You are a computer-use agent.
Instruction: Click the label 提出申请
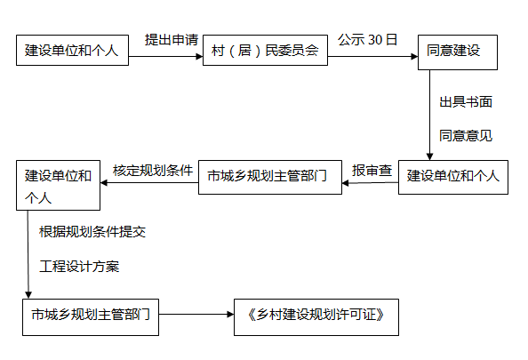[x=172, y=40]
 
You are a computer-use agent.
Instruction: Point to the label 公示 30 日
[x=367, y=40]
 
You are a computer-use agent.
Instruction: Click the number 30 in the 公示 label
[x=375, y=40]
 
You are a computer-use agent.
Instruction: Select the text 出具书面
[x=466, y=101]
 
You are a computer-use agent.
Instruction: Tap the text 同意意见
[x=466, y=136]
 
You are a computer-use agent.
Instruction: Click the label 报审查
[x=372, y=171]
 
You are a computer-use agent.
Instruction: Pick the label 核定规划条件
[x=153, y=171]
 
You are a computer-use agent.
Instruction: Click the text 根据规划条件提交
[x=92, y=232]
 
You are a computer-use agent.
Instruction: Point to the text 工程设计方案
[x=79, y=267]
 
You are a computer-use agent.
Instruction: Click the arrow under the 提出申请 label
[x=165, y=56]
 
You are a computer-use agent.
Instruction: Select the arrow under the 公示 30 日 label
[x=372, y=56]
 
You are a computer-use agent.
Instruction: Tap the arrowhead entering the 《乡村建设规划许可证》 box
[x=230, y=315]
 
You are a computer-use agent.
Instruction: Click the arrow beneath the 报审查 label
[x=370, y=183]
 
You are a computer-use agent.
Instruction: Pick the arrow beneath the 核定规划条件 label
[x=149, y=182]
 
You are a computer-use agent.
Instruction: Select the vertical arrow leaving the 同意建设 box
[x=429, y=116]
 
